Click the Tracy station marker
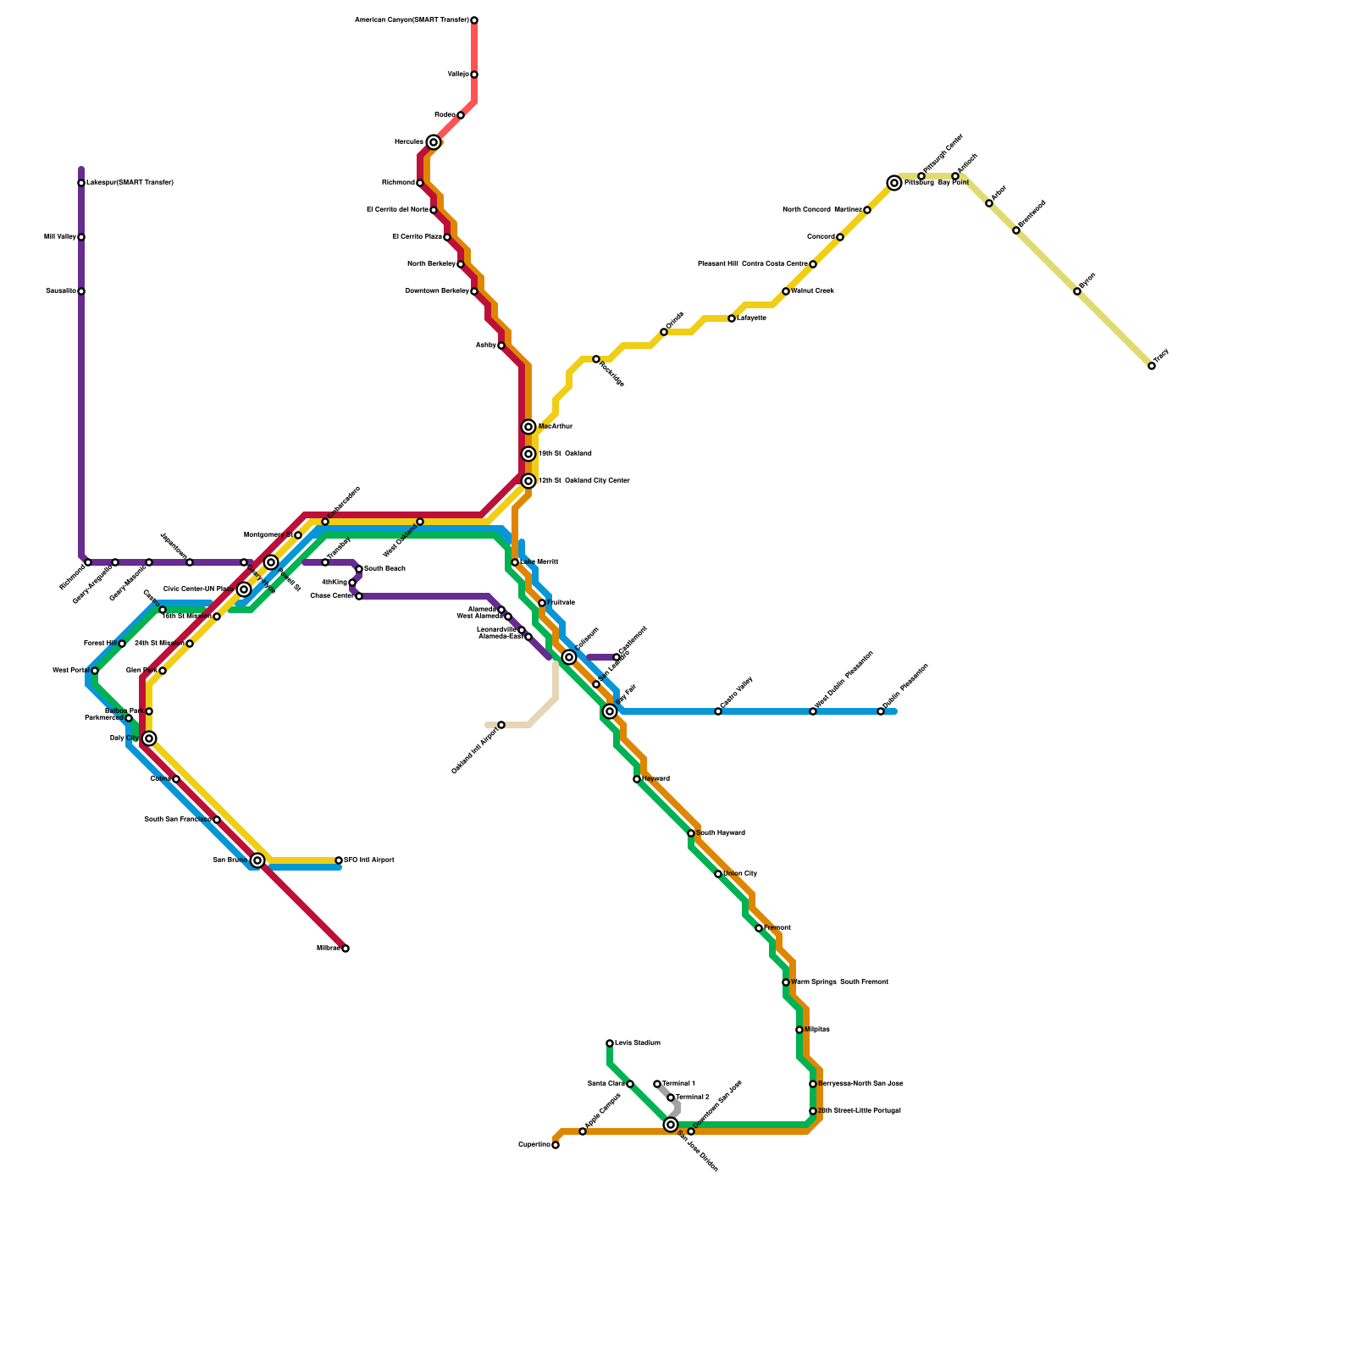click(x=1152, y=366)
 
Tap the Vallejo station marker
click(x=474, y=75)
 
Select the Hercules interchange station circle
click(x=434, y=142)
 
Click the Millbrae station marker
click(x=346, y=948)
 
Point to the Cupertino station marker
click(x=556, y=1145)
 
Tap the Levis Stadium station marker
click(x=610, y=1043)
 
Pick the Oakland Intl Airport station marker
click(x=501, y=725)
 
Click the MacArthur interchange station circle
click(x=528, y=427)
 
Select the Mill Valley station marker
click(x=81, y=237)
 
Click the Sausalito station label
click(x=60, y=291)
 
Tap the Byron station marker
click(x=1077, y=291)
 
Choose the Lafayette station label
click(x=751, y=318)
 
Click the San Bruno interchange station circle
click(x=257, y=860)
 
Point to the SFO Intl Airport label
click(x=369, y=860)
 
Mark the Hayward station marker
click(x=637, y=779)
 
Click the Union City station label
click(x=740, y=874)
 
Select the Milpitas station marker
click(x=799, y=1030)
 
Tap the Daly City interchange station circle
click(x=149, y=738)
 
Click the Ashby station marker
click(x=501, y=346)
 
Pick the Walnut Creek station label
click(x=812, y=291)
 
